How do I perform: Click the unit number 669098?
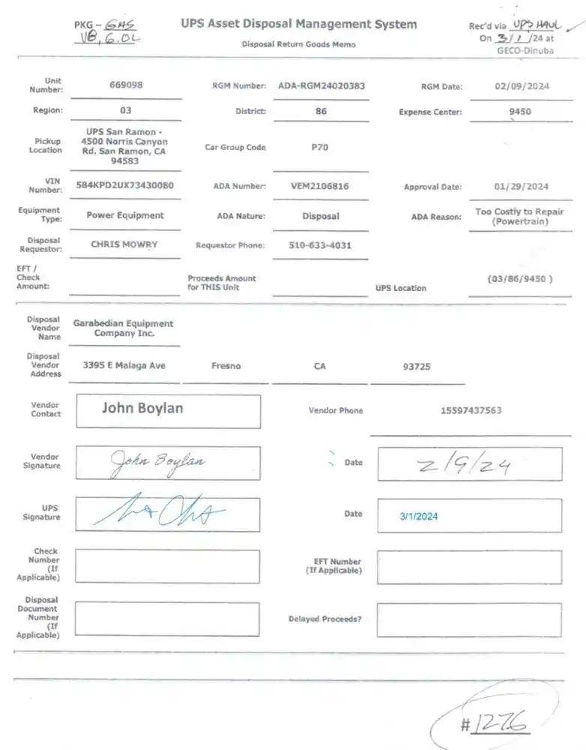pyautogui.click(x=125, y=85)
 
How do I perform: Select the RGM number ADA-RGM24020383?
pyautogui.click(x=321, y=85)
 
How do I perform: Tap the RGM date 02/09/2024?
pyautogui.click(x=522, y=86)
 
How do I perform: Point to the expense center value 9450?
pyautogui.click(x=519, y=112)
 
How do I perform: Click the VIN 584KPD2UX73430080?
pyautogui.click(x=125, y=185)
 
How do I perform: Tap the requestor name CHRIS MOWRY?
pyautogui.click(x=124, y=244)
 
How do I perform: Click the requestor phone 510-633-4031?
pyautogui.click(x=320, y=245)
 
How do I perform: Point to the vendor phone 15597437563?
pyautogui.click(x=471, y=411)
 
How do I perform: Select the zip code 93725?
pyautogui.click(x=417, y=367)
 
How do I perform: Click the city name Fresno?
pyautogui.click(x=226, y=366)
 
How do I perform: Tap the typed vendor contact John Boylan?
pyautogui.click(x=142, y=409)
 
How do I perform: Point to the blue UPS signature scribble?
pyautogui.click(x=160, y=513)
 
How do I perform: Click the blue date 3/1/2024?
pyautogui.click(x=419, y=516)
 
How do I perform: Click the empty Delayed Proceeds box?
pyautogui.click(x=468, y=619)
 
